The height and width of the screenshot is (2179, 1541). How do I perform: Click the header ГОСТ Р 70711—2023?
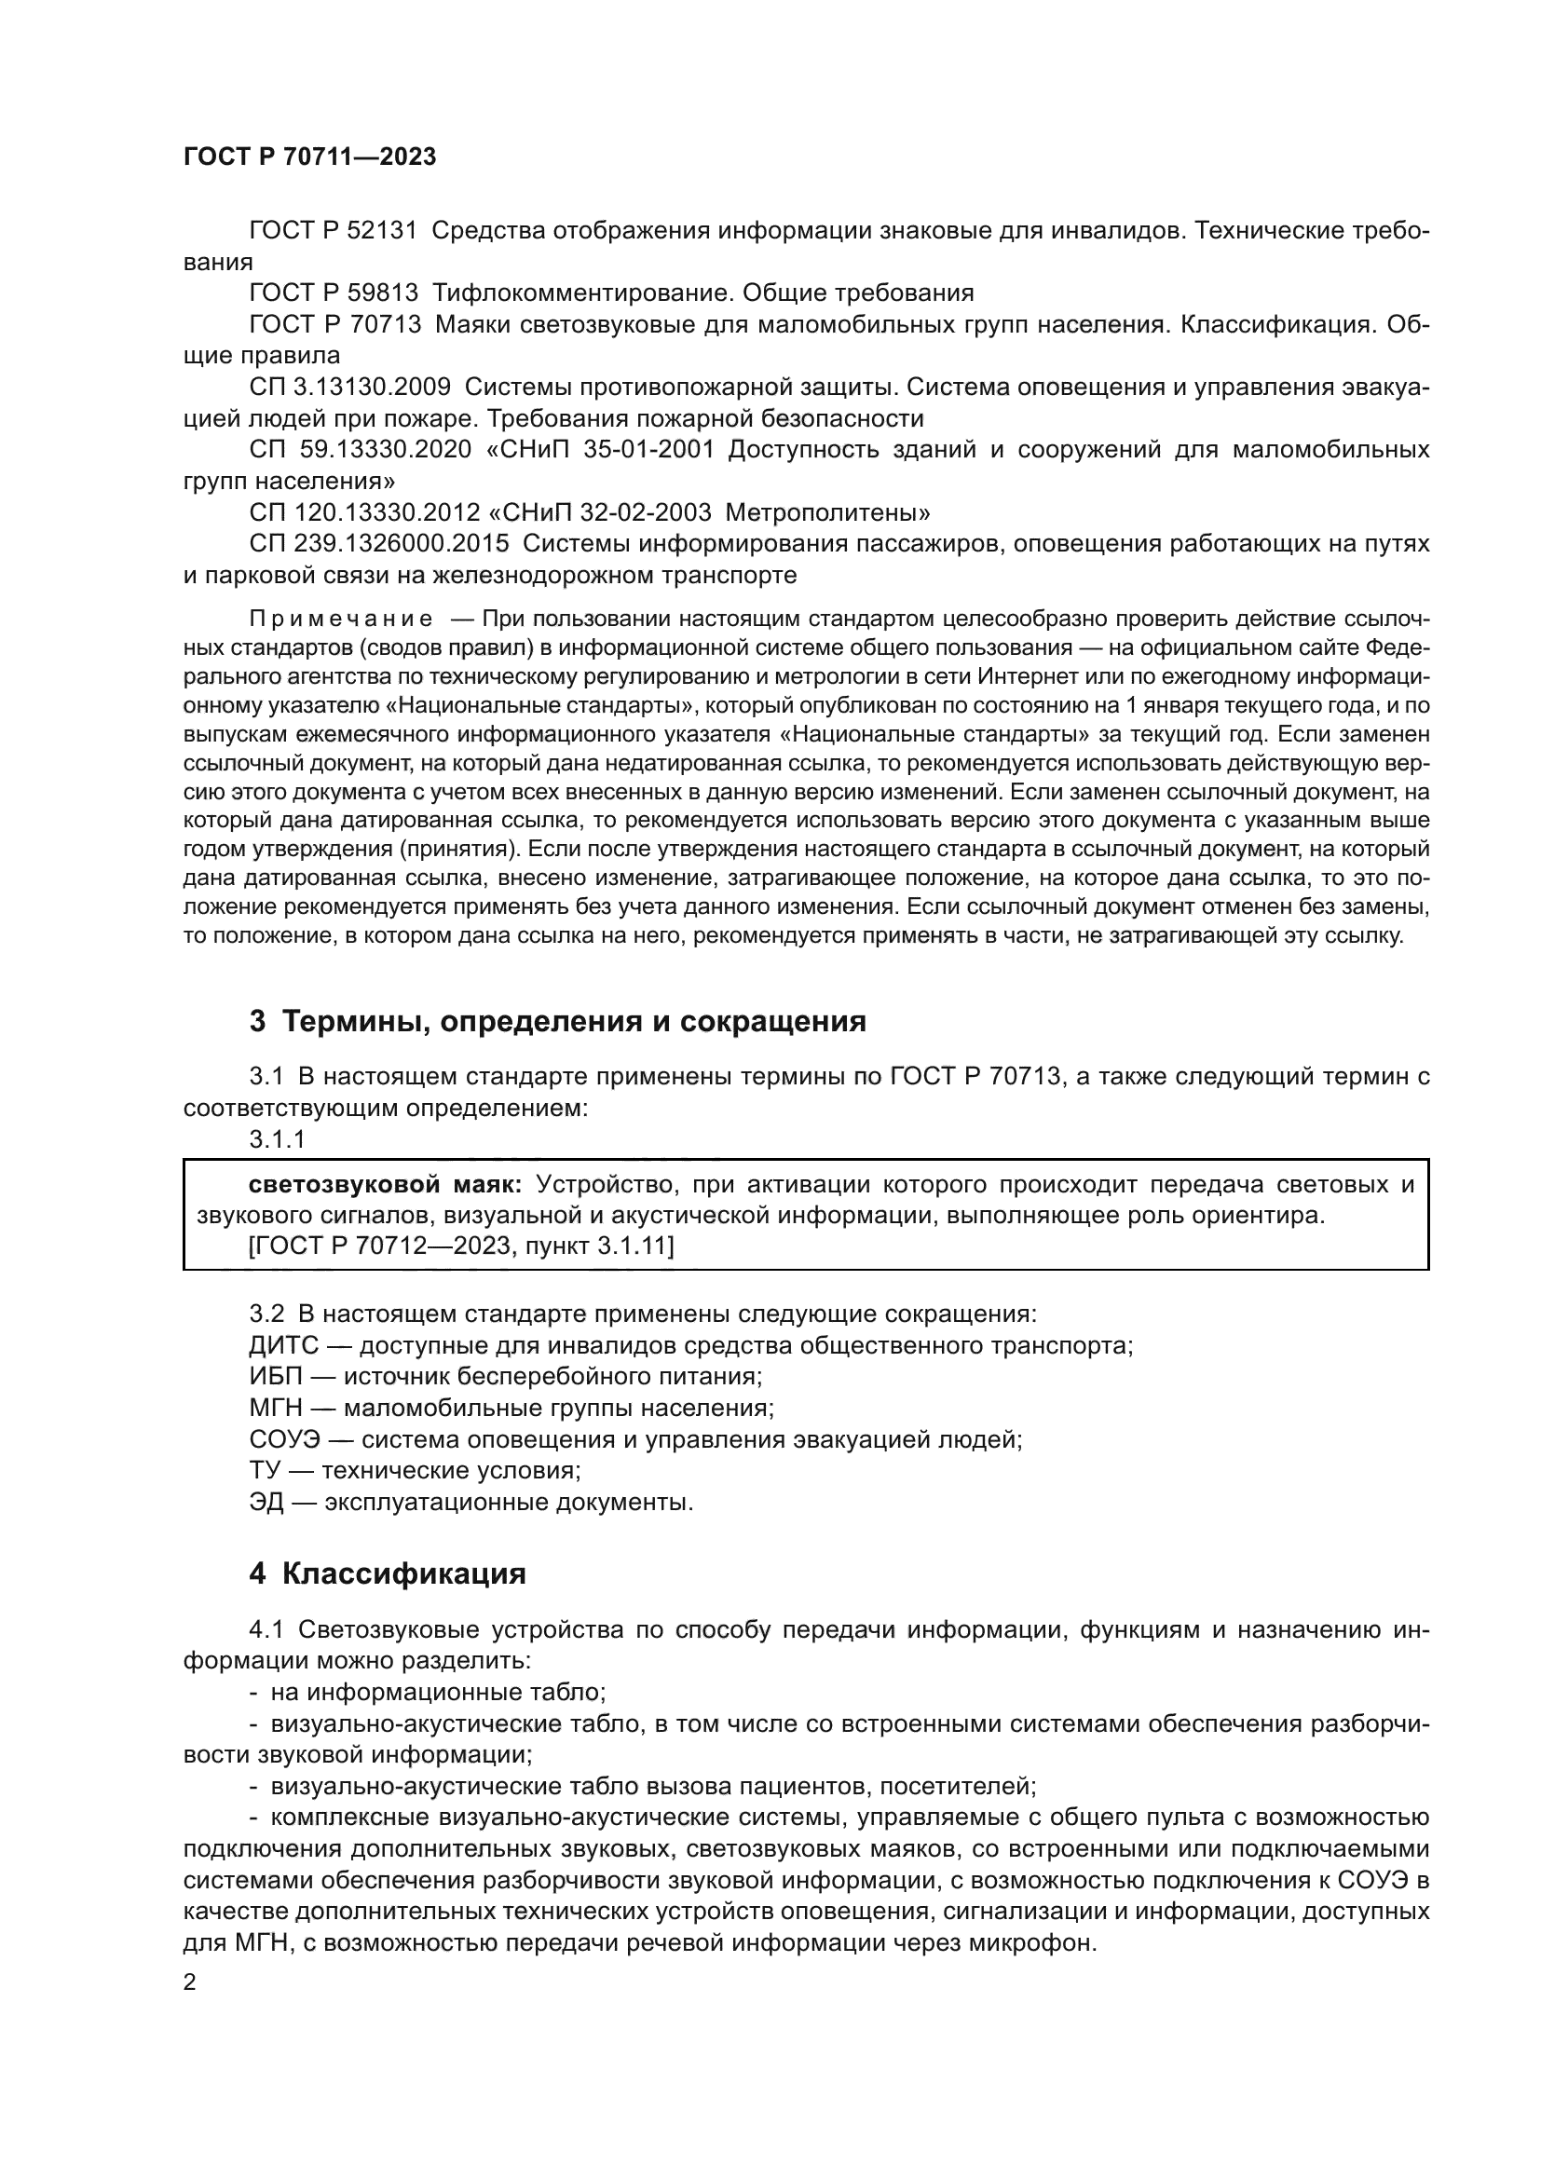tap(309, 157)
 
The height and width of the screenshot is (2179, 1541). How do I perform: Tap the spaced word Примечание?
tap(341, 620)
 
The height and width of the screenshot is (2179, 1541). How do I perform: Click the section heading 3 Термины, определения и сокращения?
tap(558, 1021)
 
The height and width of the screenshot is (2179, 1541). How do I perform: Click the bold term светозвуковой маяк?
tap(384, 1184)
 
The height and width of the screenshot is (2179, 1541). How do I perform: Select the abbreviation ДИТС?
tap(279, 1346)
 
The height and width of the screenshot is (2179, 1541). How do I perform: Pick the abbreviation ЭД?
tap(266, 1503)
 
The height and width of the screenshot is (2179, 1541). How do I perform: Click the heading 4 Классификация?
tap(388, 1573)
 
